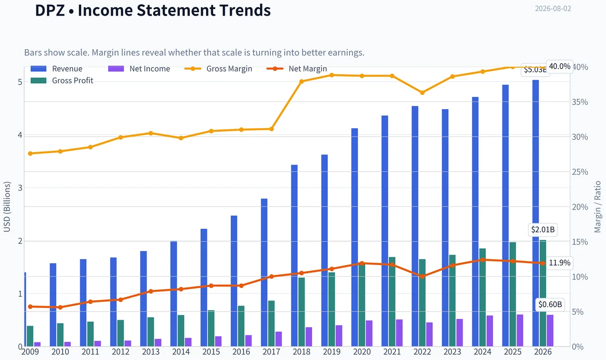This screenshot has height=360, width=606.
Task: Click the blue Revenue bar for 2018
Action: [294, 255]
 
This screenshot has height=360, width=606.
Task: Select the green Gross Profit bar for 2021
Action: [392, 301]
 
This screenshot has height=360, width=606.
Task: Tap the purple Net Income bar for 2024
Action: [490, 331]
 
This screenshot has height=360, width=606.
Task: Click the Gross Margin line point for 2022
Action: [422, 93]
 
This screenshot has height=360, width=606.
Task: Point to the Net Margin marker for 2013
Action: [151, 291]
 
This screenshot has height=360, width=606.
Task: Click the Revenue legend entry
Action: [57, 69]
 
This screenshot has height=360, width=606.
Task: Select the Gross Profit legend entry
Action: [62, 81]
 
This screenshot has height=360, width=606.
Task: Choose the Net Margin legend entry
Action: [297, 69]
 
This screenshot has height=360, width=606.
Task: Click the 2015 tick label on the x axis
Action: [211, 352]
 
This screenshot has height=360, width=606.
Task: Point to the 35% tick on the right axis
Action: [580, 102]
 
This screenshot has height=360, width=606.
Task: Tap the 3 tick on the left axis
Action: [20, 188]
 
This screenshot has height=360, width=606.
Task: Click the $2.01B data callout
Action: [543, 230]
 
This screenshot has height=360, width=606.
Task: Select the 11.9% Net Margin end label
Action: [560, 263]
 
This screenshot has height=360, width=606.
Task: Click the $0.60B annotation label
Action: [550, 304]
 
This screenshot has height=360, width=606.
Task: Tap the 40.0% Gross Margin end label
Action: [560, 66]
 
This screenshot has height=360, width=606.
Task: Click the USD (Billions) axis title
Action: [7, 207]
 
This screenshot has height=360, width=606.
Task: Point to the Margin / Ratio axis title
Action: [597, 207]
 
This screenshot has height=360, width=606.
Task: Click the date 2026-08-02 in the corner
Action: [553, 9]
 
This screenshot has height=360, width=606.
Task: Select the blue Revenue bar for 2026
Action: [536, 213]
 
